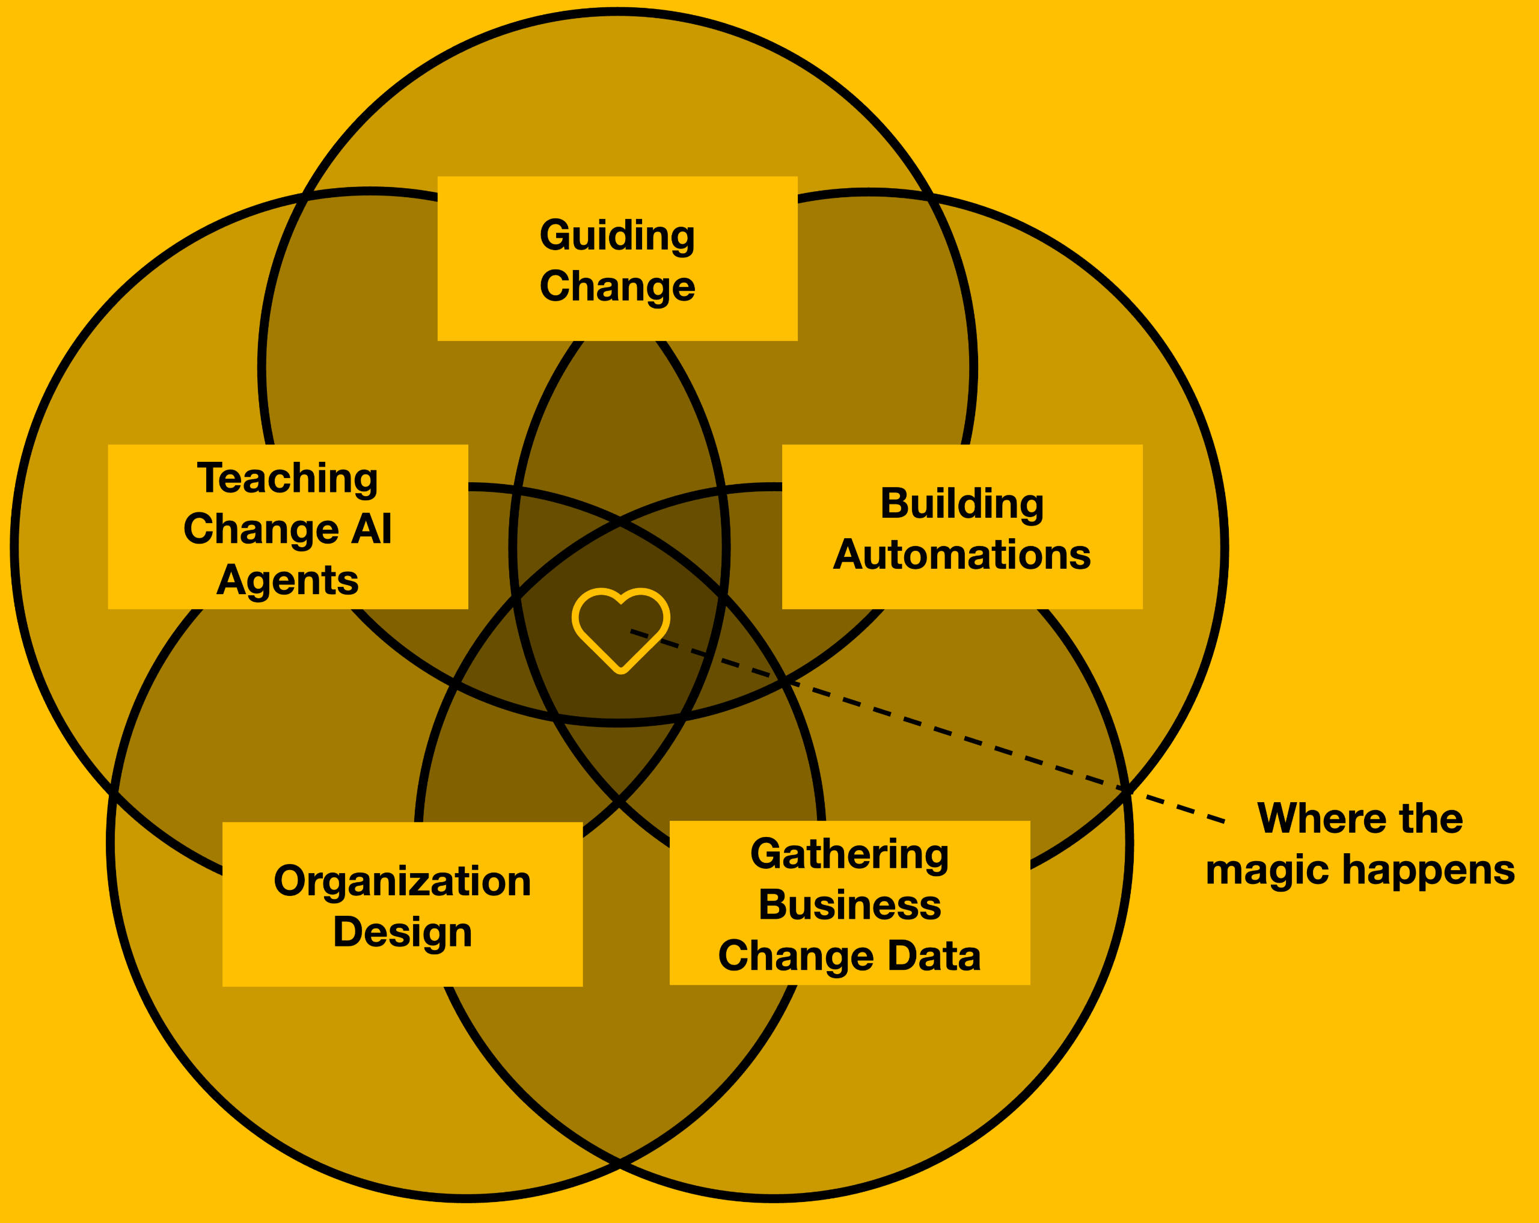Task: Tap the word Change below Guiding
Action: (617, 286)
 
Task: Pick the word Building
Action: (961, 503)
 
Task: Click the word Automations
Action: (961, 555)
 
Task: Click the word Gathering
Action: (849, 854)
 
